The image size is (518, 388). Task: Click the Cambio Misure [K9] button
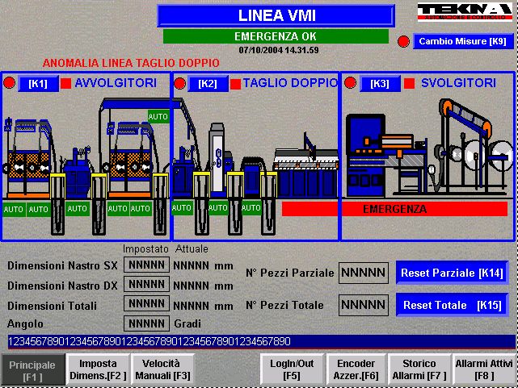tap(462, 41)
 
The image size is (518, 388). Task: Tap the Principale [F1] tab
tap(33, 370)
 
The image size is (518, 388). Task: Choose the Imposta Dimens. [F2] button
tap(97, 370)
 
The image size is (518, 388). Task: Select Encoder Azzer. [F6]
tap(356, 370)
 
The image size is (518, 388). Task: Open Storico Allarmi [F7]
tap(419, 370)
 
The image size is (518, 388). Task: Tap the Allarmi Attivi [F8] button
tap(484, 370)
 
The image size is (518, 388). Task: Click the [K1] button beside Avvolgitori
tap(38, 84)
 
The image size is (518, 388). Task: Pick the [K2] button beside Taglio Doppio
tap(207, 84)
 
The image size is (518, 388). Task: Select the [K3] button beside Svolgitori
tap(380, 84)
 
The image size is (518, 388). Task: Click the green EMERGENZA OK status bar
tap(275, 36)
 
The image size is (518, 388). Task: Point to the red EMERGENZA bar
tap(394, 209)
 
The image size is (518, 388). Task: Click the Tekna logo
tap(465, 12)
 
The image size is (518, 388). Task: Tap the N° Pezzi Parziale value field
tap(363, 273)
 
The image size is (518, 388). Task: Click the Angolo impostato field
tap(146, 323)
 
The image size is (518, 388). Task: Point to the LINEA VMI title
tap(276, 15)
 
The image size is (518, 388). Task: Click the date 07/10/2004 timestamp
tap(279, 50)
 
